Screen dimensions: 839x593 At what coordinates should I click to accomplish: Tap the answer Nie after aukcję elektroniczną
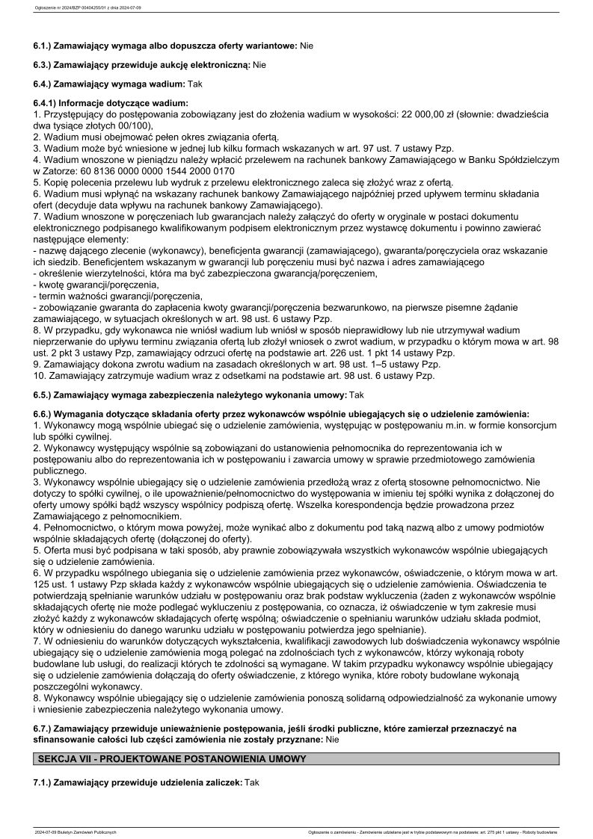(259, 65)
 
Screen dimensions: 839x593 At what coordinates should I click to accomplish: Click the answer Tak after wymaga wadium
(195, 84)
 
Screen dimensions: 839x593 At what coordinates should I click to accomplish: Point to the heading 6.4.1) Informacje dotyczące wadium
(111, 103)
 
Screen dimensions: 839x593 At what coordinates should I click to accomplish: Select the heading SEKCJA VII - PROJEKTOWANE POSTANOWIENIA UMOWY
(172, 758)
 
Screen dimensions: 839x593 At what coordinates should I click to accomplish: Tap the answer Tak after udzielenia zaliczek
(251, 781)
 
